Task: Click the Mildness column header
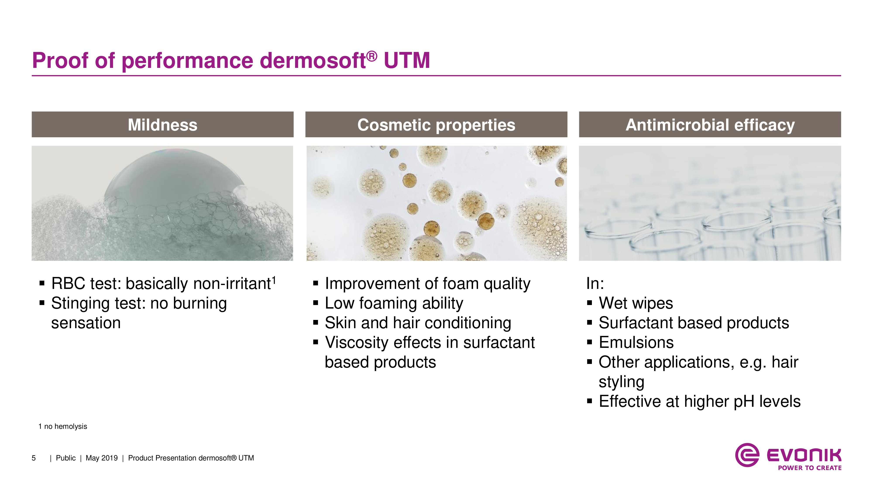163,124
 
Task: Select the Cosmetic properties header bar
436,124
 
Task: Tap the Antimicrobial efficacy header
710,124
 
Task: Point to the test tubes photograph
710,203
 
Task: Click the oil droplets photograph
436,203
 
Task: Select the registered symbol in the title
372,56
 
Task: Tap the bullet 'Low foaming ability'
394,303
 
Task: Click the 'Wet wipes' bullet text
636,303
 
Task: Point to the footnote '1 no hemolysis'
63,426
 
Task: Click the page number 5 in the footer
34,458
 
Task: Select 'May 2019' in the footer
102,458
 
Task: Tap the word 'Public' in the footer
66,458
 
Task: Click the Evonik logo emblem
747,455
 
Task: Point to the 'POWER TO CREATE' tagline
810,468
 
